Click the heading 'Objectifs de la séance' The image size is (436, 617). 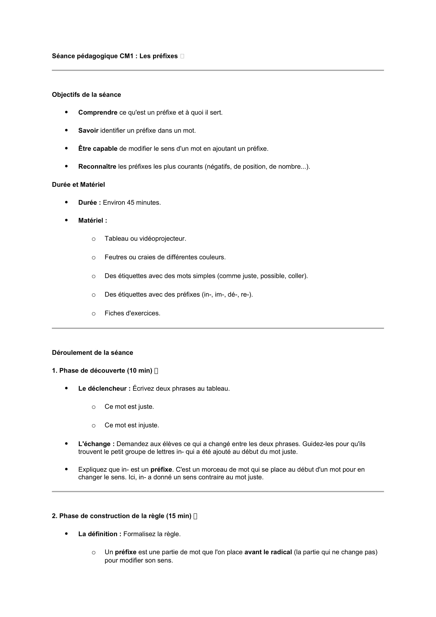coord(86,95)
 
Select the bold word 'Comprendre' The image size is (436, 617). coord(98,113)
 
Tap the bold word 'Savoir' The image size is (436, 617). coord(88,131)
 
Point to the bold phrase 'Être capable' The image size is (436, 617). coord(98,149)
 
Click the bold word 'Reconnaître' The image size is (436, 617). coord(97,167)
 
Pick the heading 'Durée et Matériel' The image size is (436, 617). coord(78,185)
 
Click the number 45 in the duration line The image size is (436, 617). coord(130,203)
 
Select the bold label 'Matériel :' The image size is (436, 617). coord(93,221)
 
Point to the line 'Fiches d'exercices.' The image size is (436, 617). coord(132,313)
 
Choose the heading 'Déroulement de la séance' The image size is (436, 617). coord(92,353)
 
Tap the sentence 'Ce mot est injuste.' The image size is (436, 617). coord(132,425)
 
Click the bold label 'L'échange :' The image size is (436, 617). coord(96,444)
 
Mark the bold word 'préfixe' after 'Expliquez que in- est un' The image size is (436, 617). coord(161,470)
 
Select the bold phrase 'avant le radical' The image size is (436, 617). coord(268,552)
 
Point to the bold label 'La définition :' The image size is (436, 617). coord(100,534)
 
